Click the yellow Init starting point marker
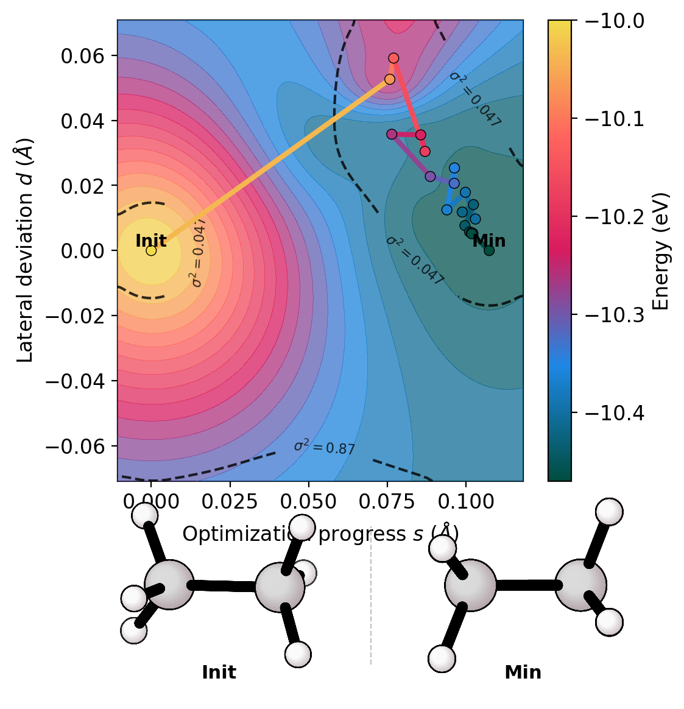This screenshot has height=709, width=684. coord(151,250)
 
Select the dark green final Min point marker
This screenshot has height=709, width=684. coord(489,250)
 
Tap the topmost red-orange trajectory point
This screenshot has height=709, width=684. coord(393,58)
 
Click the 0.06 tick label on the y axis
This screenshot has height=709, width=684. coord(82,56)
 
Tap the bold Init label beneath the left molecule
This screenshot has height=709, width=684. coord(219,672)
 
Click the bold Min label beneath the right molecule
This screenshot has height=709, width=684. coord(523,672)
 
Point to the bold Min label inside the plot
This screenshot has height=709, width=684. coord(489,241)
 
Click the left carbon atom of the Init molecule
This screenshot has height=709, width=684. coord(169,585)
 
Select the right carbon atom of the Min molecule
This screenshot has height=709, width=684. coord(580,585)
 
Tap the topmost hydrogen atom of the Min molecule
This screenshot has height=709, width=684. coord(608,512)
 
